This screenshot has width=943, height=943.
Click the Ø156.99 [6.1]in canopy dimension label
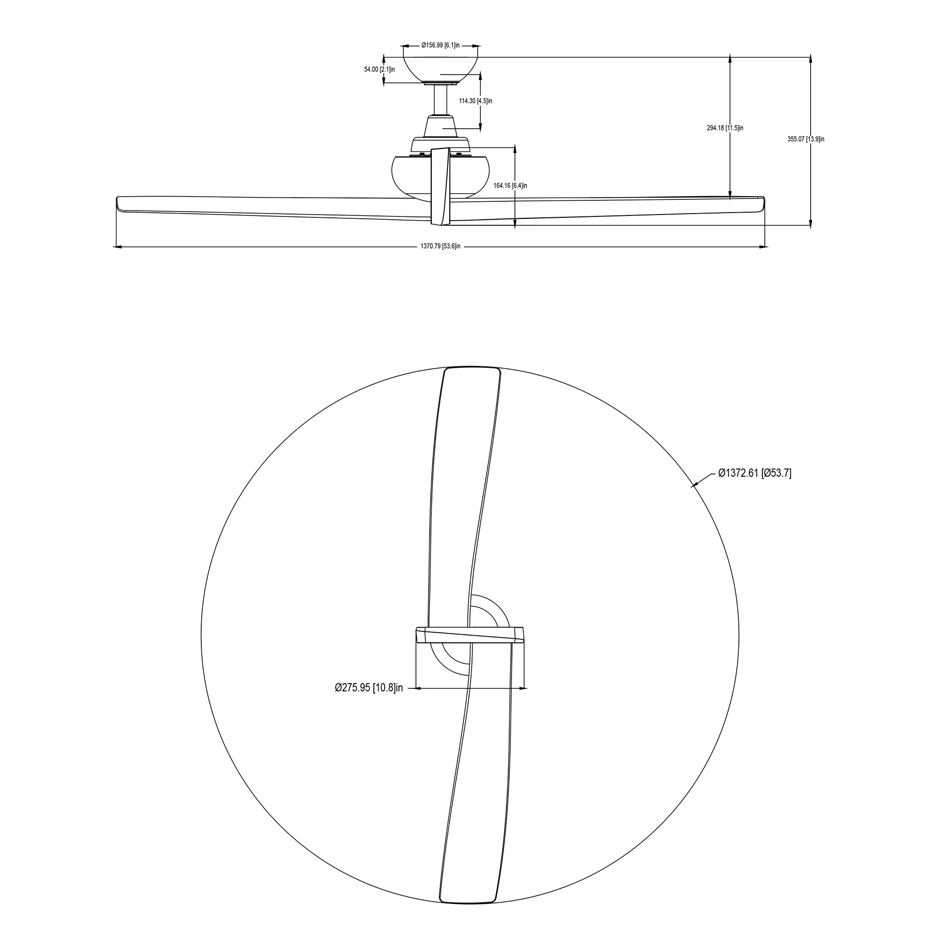tap(440, 45)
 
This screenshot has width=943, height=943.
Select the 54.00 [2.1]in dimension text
tap(379, 69)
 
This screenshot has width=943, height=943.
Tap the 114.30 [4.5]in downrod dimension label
tap(475, 101)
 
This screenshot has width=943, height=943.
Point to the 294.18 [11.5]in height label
tap(725, 128)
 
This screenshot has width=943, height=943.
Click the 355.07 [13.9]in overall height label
tap(806, 139)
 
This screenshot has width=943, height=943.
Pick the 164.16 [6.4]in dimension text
tap(510, 185)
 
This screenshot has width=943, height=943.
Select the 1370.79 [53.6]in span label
tap(440, 247)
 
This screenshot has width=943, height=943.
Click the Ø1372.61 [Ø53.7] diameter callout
tap(754, 473)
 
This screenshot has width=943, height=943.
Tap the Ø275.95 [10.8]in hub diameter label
tap(369, 688)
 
